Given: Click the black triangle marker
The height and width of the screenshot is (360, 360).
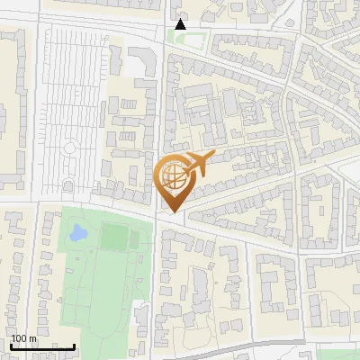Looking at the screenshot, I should (181, 24).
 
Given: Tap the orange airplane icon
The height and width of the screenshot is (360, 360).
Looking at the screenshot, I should (196, 165).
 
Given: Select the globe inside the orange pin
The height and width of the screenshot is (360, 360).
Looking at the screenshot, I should (173, 176).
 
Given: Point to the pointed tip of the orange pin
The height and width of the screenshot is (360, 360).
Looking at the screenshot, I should (173, 211).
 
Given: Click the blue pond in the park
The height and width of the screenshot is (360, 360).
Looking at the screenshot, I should (77, 234).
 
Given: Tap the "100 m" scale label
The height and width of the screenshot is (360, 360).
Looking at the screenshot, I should (23, 338).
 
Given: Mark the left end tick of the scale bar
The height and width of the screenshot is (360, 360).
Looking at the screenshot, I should (11, 346).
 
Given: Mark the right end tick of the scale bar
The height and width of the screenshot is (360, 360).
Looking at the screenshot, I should (74, 346).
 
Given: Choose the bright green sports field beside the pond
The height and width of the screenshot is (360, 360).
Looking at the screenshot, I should (114, 237).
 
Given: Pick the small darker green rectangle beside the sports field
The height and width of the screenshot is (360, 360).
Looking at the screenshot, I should (137, 239).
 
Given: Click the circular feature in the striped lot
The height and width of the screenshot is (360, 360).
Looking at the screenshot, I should (68, 147).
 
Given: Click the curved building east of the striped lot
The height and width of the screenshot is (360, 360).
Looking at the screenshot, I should (144, 63).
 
